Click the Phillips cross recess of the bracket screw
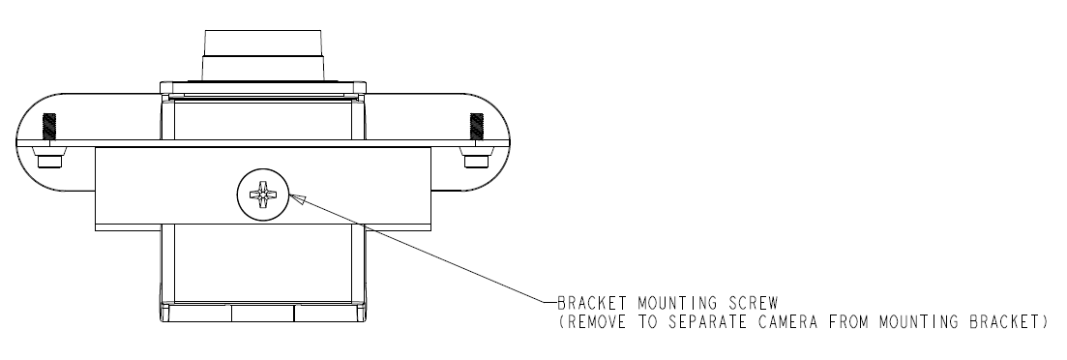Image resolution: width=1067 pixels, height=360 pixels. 263,194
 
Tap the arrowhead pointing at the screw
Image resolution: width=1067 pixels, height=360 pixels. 297,198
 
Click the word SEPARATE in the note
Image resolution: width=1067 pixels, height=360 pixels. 711,321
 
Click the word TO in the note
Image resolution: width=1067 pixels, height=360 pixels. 650,321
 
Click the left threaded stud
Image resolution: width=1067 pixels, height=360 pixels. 49,127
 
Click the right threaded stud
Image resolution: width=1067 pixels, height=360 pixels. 476,127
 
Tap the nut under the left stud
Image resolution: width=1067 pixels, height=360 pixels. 49,158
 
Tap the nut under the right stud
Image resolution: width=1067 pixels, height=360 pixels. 476,158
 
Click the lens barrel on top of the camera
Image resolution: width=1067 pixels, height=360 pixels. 263,55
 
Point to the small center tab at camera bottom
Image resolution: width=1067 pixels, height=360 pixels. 263,313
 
